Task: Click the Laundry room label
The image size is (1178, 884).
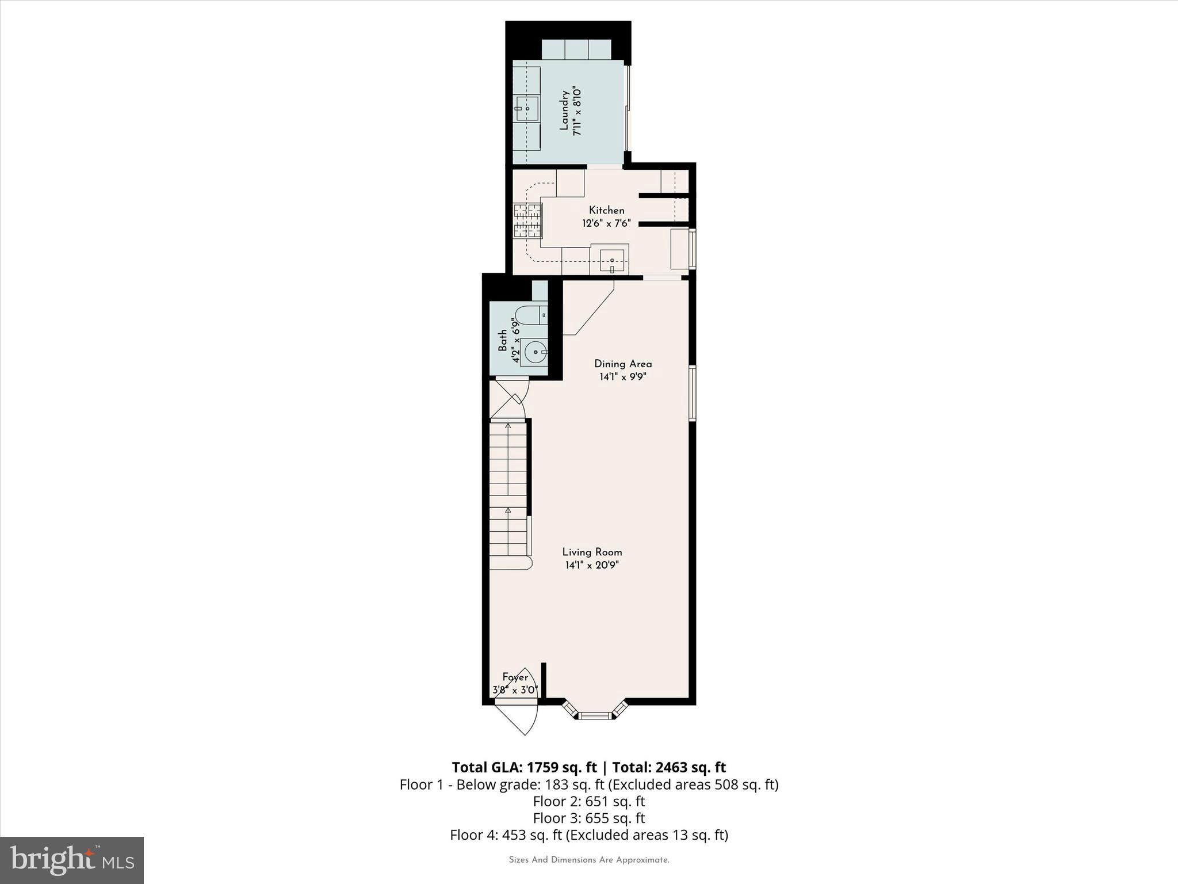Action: (x=564, y=110)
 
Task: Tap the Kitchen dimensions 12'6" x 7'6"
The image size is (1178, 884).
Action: (x=606, y=223)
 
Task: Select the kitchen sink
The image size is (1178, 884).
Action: (x=612, y=261)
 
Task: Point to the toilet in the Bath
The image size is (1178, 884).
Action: (x=530, y=315)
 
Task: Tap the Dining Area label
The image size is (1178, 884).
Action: (x=623, y=364)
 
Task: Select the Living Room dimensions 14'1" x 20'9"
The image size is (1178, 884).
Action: (x=592, y=565)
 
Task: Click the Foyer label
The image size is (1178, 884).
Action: (x=515, y=677)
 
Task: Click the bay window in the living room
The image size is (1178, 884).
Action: (x=594, y=715)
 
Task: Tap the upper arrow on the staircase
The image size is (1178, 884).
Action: (x=508, y=426)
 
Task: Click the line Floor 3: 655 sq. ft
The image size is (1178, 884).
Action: (x=588, y=818)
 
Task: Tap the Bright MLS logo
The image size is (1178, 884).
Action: (x=72, y=860)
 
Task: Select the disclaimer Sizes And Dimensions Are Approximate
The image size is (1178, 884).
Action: (x=588, y=860)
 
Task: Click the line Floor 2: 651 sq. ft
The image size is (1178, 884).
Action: (x=588, y=801)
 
